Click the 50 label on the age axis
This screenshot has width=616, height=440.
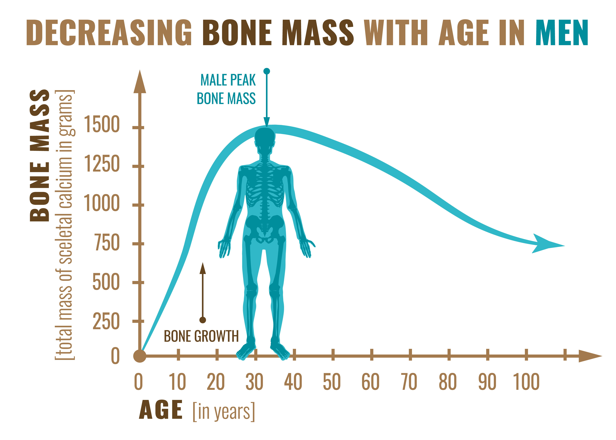332,382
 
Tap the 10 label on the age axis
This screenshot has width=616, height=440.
177,382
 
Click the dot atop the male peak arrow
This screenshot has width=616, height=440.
267,71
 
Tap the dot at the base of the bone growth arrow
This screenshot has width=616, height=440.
203,320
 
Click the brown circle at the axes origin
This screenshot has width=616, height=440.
140,356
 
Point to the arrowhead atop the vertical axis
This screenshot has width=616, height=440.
140,81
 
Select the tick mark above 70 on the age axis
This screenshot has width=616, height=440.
410,355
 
